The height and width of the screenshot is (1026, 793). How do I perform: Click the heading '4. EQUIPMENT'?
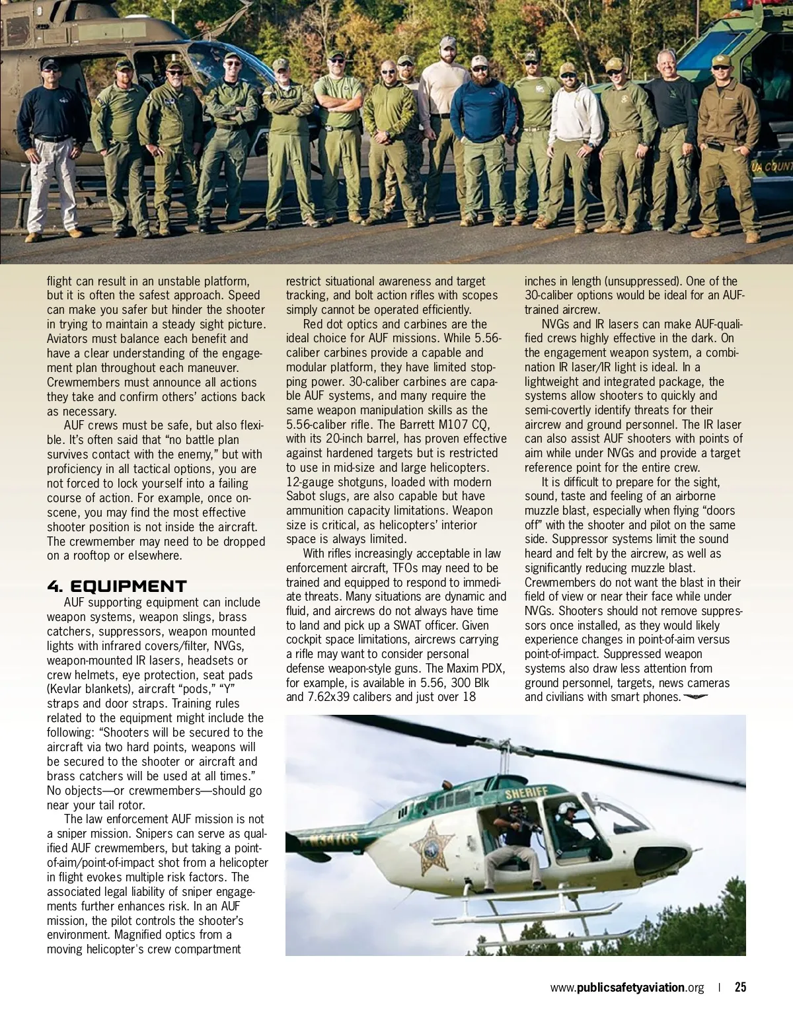117,587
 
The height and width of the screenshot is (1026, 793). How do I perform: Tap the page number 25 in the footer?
740,988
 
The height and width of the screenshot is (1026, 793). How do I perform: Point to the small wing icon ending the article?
696,696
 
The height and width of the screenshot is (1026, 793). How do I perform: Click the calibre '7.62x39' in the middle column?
330,697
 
